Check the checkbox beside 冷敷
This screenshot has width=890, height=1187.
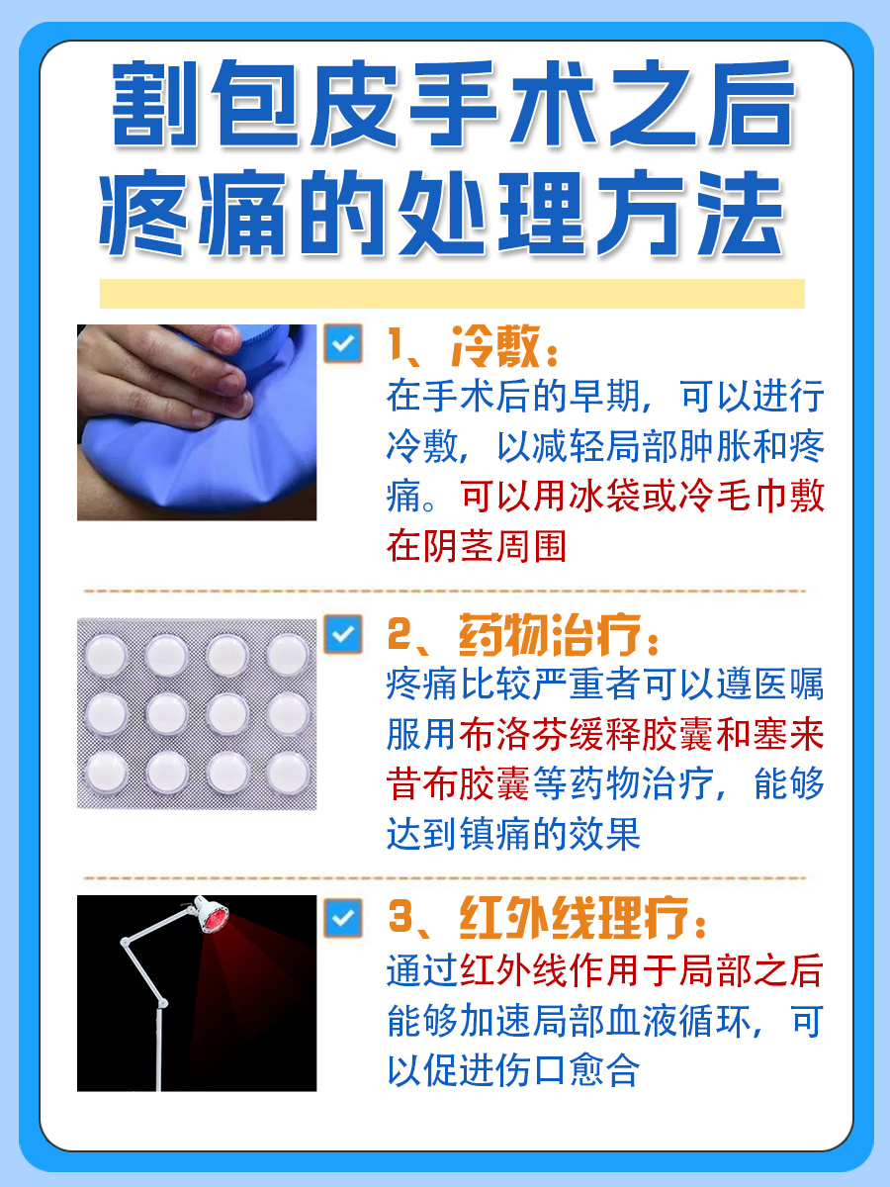(342, 344)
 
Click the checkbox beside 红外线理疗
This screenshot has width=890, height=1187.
(342, 919)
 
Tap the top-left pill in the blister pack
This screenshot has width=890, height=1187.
(106, 654)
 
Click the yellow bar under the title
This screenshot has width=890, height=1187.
(452, 294)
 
